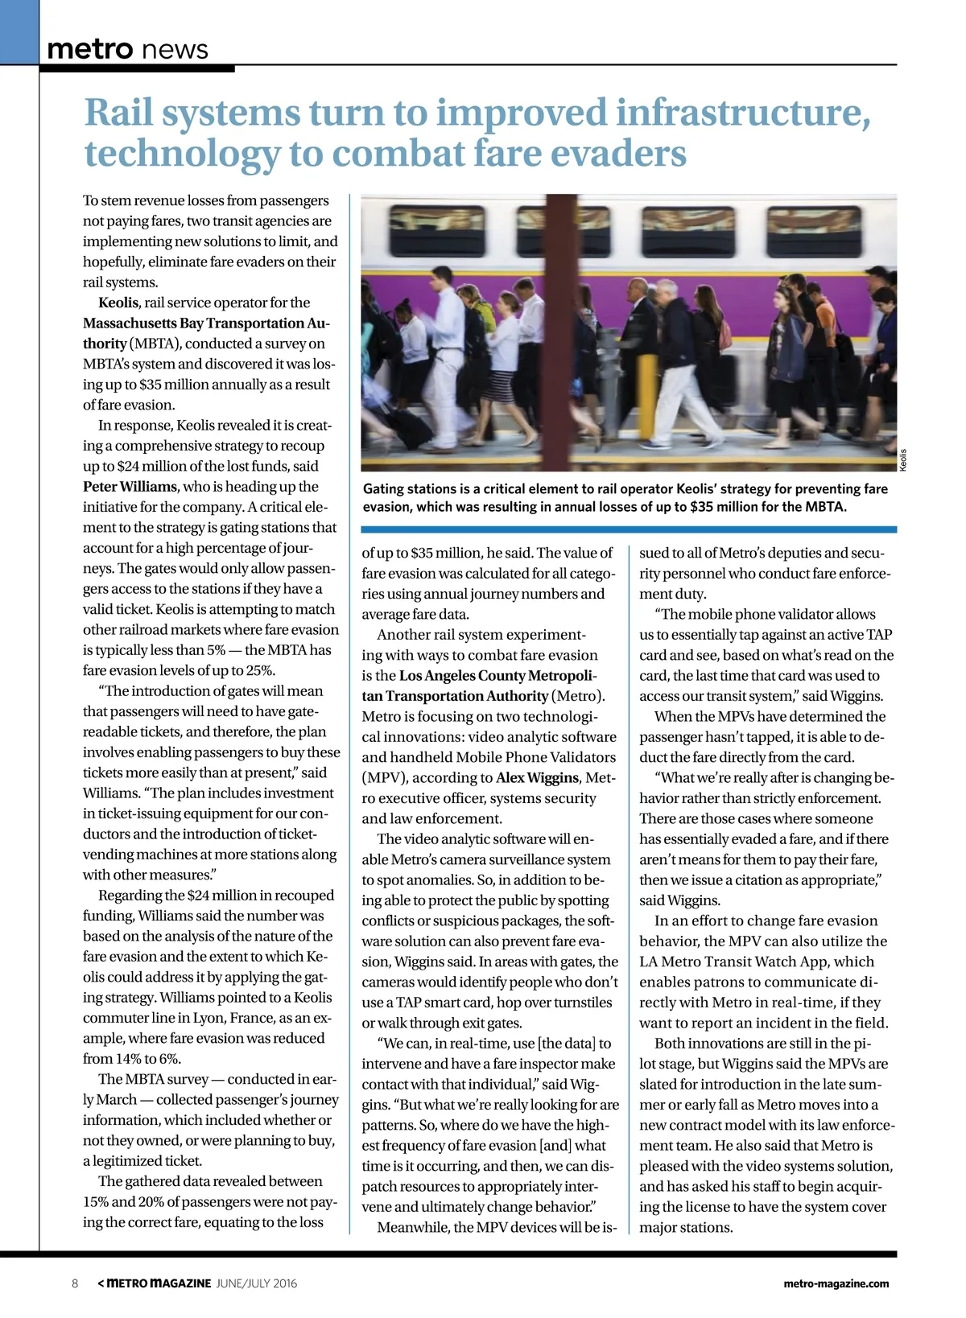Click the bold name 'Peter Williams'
pyautogui.click(x=130, y=487)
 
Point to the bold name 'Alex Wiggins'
pyautogui.click(x=537, y=778)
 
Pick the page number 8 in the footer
pyautogui.click(x=75, y=1283)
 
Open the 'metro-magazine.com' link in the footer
pyautogui.click(x=836, y=1283)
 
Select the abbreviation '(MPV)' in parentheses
pyautogui.click(x=386, y=778)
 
